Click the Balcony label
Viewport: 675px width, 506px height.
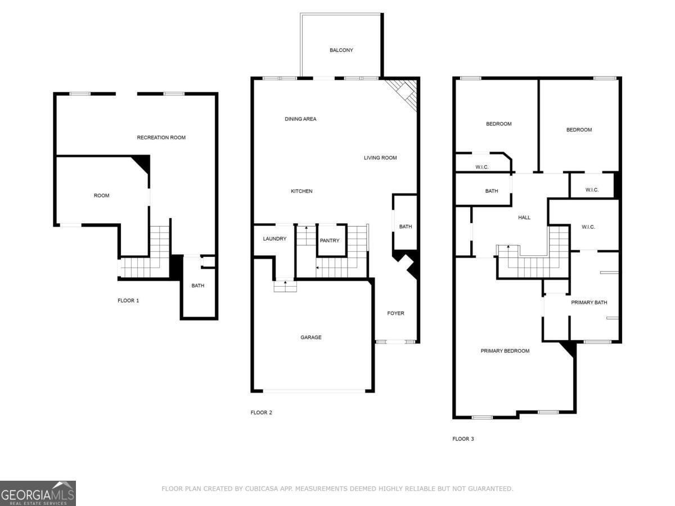pos(341,50)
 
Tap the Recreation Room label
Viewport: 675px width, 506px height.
pos(161,137)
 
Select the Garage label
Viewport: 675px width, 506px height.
pos(310,337)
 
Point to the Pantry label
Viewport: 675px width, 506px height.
pos(330,241)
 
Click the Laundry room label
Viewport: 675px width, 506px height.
pos(274,239)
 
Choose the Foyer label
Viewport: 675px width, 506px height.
pos(395,313)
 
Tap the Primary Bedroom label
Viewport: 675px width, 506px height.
pos(505,351)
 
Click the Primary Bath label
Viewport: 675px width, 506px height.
pos(589,302)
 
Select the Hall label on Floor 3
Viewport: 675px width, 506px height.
pos(524,218)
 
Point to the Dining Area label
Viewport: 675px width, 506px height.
pos(300,119)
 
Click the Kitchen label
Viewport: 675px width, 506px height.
pos(301,191)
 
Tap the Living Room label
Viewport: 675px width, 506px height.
pos(380,157)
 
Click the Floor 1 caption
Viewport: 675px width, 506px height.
pos(128,300)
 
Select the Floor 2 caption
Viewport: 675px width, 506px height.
pos(261,412)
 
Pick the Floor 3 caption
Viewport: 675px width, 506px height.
pos(463,439)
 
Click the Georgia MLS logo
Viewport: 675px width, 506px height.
pos(38,493)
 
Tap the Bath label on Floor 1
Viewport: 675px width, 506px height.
pos(198,286)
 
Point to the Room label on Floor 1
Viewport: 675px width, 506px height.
pos(101,195)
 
